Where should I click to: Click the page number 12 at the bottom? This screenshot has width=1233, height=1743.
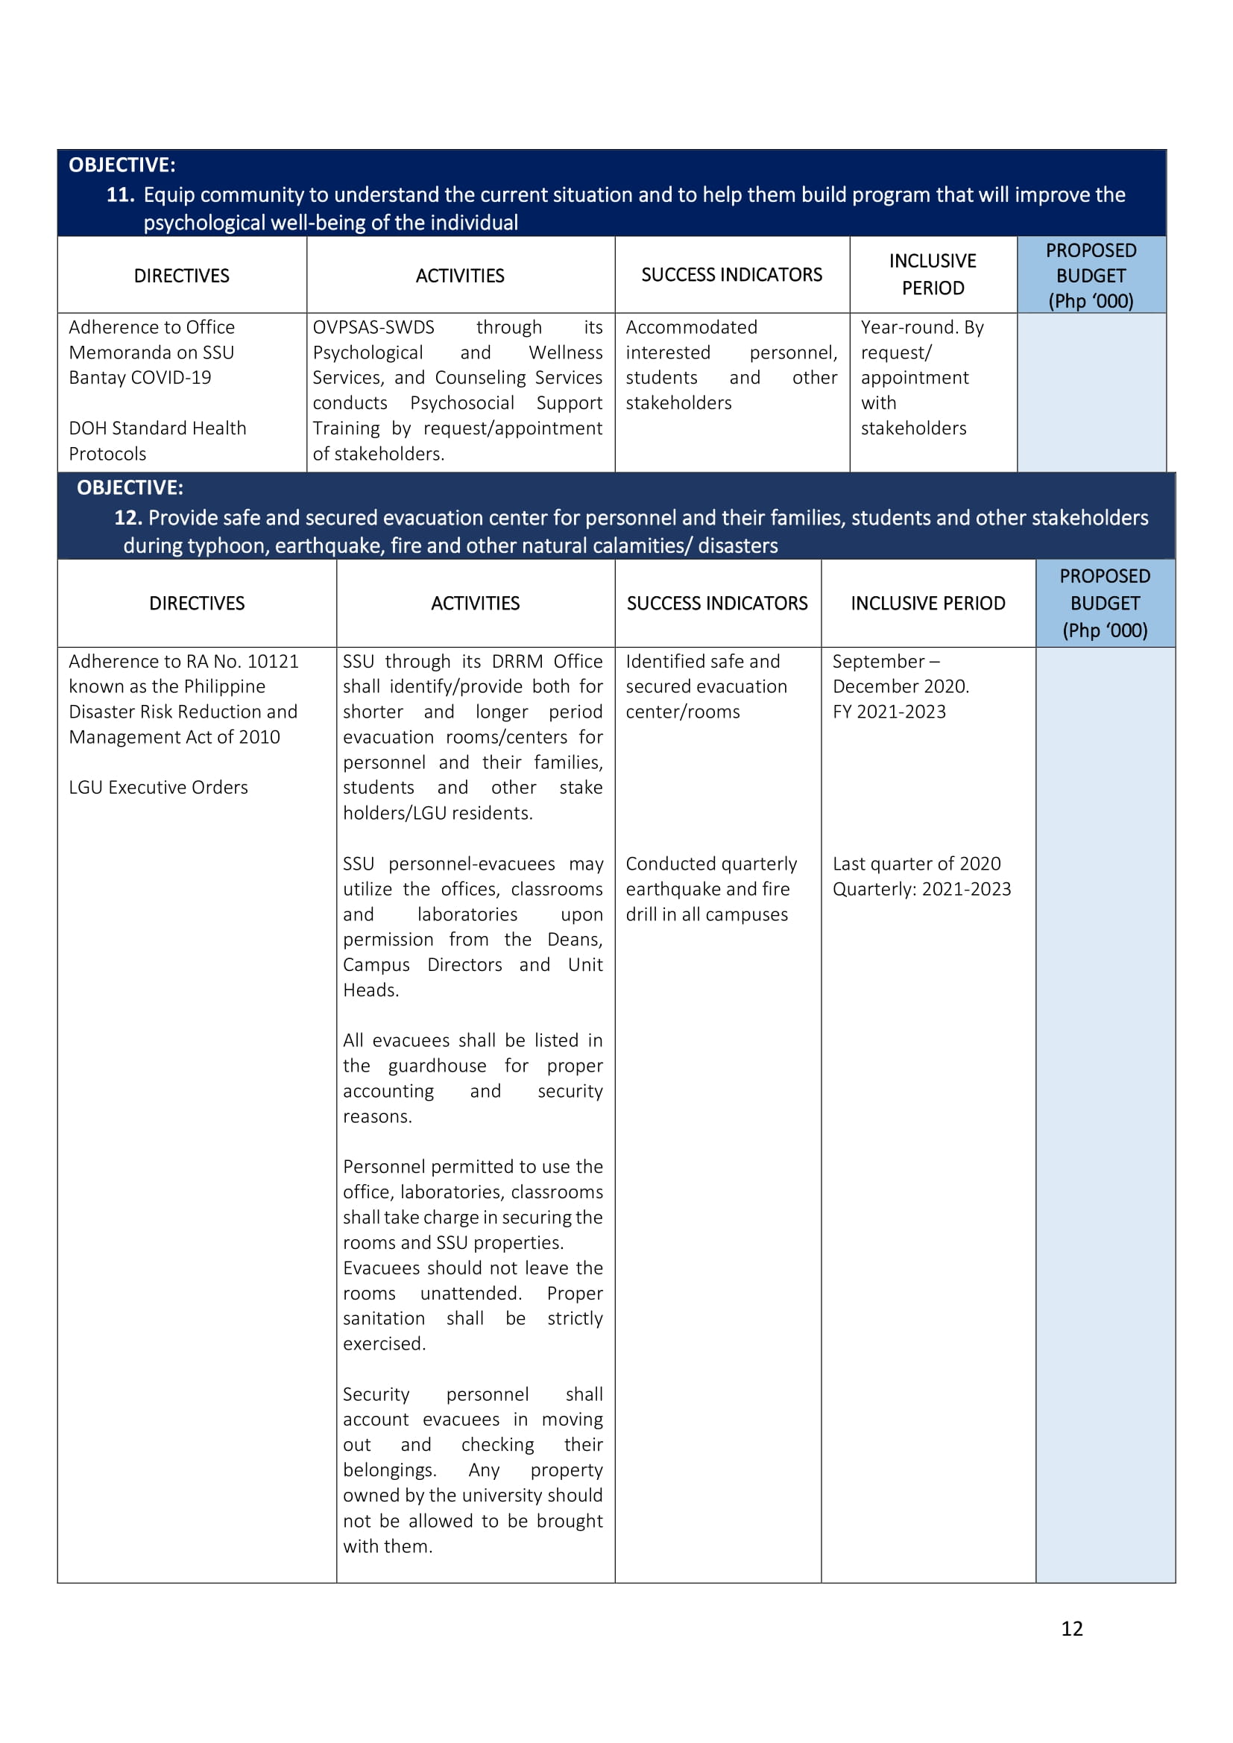[x=1071, y=1627]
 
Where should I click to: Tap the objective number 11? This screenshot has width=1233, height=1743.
[x=119, y=195]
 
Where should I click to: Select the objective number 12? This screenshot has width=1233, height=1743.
[x=127, y=518]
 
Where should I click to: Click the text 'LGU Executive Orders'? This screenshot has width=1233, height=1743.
[x=158, y=787]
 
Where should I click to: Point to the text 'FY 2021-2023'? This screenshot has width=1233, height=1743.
[x=889, y=712]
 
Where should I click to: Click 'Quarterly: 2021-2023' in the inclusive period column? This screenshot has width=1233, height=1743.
[x=921, y=889]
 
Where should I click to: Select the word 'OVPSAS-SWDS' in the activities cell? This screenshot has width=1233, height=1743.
[x=373, y=327]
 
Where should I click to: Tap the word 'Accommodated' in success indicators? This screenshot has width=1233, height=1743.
[x=691, y=327]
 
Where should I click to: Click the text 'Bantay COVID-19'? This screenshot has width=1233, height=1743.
[x=139, y=377]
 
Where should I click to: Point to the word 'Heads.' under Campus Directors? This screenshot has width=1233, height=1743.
[x=370, y=990]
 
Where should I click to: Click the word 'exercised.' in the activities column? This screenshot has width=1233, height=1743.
[x=384, y=1344]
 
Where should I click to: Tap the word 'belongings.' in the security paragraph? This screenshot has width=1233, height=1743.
[x=389, y=1470]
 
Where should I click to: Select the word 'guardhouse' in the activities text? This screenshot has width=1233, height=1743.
[x=438, y=1066]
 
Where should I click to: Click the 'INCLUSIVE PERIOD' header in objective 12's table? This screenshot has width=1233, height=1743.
[x=928, y=604]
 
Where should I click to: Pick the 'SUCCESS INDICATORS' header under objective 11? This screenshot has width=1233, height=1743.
[x=731, y=275]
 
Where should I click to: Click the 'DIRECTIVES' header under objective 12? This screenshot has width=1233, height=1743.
[x=197, y=604]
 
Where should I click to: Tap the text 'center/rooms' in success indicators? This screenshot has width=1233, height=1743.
[x=683, y=712]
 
